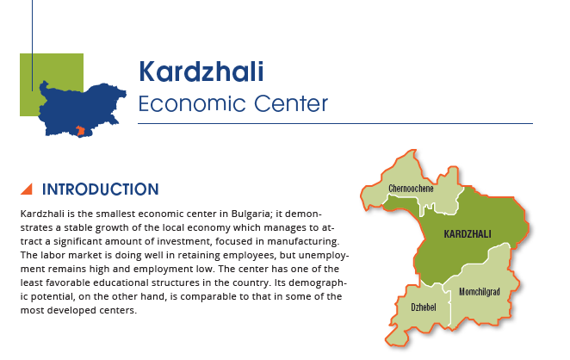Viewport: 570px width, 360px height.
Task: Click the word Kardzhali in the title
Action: [201, 71]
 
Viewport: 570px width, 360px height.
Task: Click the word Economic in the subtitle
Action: [193, 103]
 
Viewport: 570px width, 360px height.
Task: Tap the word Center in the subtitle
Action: [291, 103]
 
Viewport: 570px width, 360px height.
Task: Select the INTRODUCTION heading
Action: [101, 189]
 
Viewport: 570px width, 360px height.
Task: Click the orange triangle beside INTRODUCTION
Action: [28, 189]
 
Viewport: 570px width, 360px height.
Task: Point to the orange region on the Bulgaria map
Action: [81, 131]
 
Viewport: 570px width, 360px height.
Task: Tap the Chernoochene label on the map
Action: [411, 189]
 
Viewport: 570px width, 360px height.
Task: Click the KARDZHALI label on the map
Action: [468, 233]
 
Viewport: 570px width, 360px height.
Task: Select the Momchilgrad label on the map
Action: [480, 292]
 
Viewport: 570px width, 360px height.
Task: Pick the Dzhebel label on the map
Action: [424, 307]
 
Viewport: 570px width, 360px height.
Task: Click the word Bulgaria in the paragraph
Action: [251, 214]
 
